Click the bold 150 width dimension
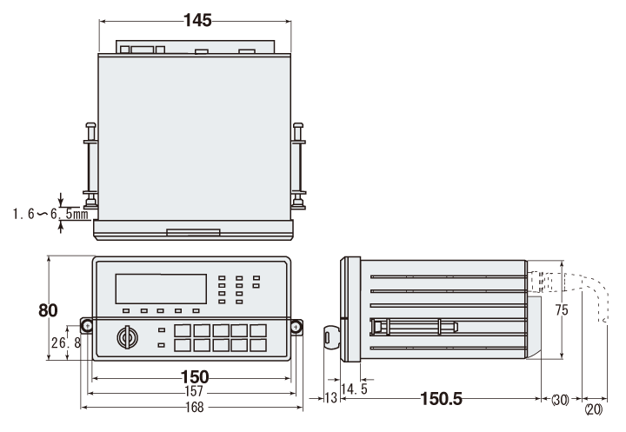[x=194, y=376]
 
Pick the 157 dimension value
[x=194, y=392]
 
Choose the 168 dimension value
[x=194, y=407]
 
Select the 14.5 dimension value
[x=354, y=388]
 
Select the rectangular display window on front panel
[x=161, y=289]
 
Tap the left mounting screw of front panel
[x=87, y=326]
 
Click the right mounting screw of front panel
[x=296, y=327]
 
